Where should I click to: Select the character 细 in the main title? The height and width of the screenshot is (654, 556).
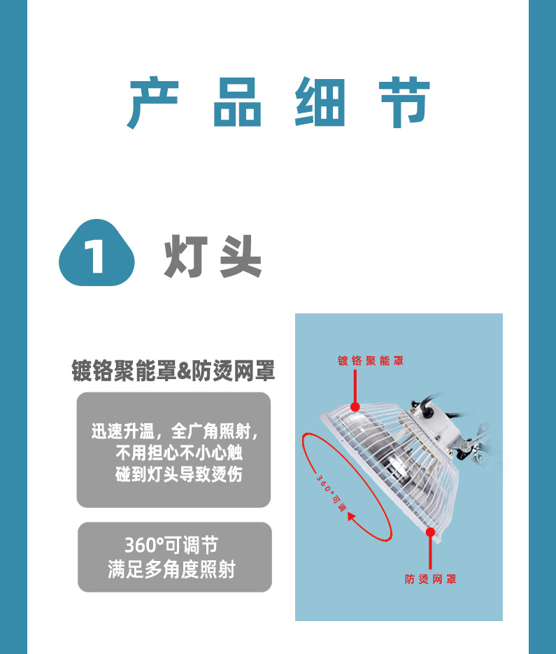(320, 104)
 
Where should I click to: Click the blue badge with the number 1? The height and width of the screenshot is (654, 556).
(96, 255)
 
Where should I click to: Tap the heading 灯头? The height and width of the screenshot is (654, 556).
(213, 257)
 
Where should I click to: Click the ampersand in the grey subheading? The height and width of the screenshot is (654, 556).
(184, 371)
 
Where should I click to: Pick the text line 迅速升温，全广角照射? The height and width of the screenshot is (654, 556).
(174, 430)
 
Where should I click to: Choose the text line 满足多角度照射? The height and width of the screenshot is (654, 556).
(171, 569)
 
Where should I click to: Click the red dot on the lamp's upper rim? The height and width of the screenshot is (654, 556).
(355, 406)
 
